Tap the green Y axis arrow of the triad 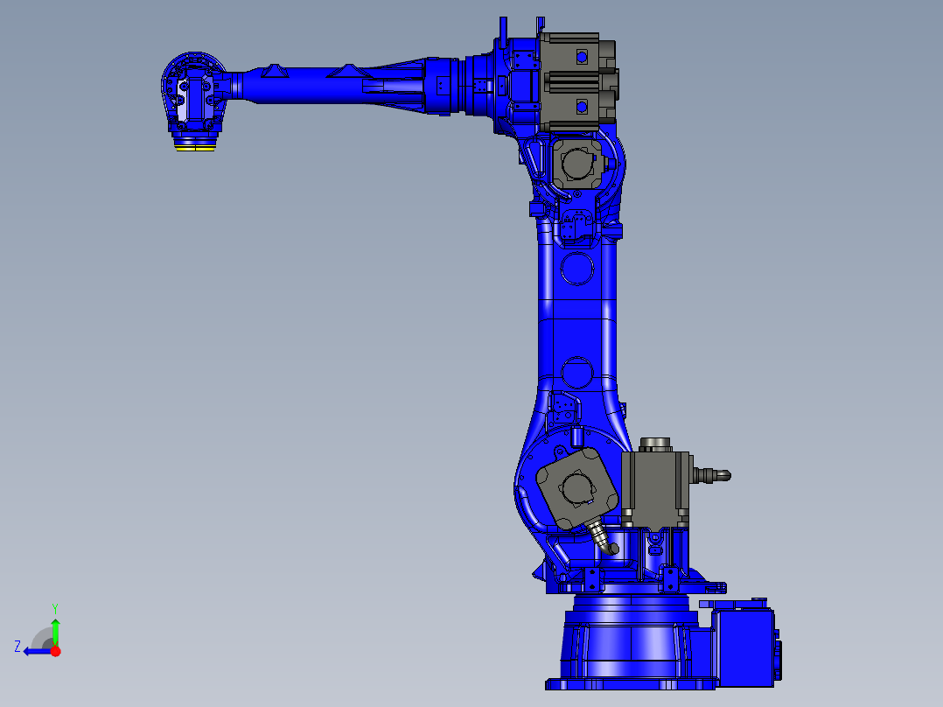point(55,628)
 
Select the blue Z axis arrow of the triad point(35,651)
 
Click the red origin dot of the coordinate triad point(56,651)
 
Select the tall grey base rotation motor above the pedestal point(653,491)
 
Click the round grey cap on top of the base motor point(655,444)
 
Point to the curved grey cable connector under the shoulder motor point(604,536)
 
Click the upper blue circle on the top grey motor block point(579,56)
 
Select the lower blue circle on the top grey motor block point(579,107)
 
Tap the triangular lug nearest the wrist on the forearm point(276,70)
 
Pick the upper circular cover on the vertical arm point(577,268)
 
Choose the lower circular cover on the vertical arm point(577,372)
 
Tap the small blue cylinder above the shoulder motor point(576,434)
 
